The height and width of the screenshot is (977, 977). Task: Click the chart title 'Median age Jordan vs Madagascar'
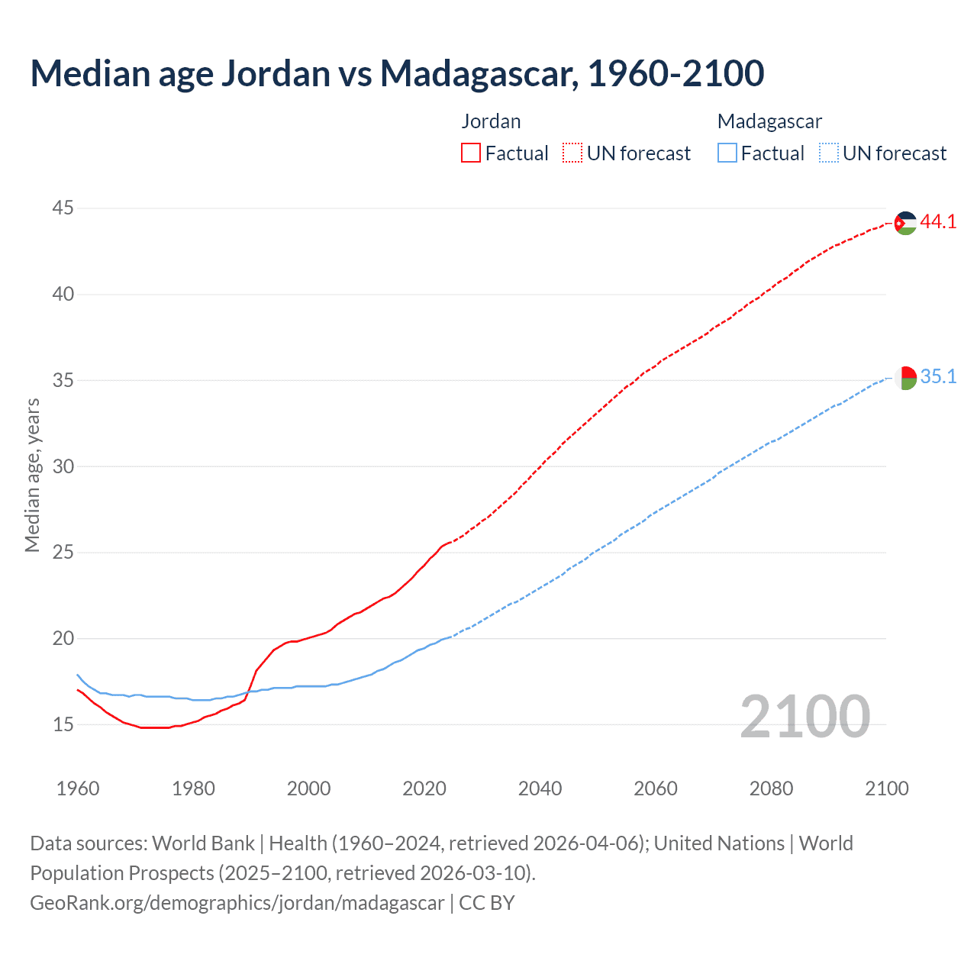397,73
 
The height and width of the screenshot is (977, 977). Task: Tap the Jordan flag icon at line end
905,223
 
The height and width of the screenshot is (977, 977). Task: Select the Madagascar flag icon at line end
905,378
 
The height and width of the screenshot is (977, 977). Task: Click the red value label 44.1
938,222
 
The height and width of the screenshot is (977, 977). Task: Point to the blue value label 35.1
938,377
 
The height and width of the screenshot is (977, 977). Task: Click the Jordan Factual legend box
471,153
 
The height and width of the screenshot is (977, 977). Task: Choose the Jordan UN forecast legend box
572,153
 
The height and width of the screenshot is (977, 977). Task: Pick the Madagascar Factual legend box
727,153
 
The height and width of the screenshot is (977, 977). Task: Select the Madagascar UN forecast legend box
828,153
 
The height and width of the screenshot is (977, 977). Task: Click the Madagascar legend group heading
769,121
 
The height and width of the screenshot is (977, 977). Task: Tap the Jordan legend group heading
491,121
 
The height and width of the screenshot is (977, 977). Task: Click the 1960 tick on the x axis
78,788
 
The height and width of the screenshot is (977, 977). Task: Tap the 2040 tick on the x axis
540,788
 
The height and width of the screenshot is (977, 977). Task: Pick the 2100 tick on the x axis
887,788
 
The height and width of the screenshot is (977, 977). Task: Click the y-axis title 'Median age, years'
32,475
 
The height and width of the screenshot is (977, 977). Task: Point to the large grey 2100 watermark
805,717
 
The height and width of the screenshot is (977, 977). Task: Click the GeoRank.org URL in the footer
237,903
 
